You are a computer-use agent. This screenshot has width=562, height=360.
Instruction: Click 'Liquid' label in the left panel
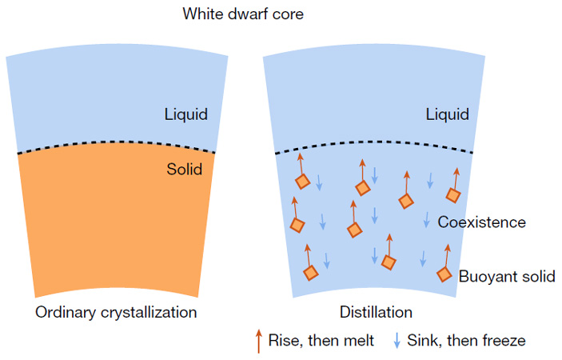(x=186, y=114)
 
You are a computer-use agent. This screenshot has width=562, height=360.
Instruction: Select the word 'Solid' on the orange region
(x=184, y=169)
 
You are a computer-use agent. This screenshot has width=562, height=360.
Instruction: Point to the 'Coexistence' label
(x=481, y=222)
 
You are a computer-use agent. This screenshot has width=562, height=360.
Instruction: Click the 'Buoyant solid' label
(x=506, y=277)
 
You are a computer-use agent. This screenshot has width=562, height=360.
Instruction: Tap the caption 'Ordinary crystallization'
(x=116, y=311)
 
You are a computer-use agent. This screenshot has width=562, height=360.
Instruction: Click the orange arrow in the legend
(x=258, y=340)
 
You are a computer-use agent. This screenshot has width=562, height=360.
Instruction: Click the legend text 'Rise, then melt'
(x=321, y=341)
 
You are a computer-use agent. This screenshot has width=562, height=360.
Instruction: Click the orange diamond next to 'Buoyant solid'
(x=444, y=274)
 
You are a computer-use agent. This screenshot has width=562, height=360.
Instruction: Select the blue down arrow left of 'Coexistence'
(x=427, y=219)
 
